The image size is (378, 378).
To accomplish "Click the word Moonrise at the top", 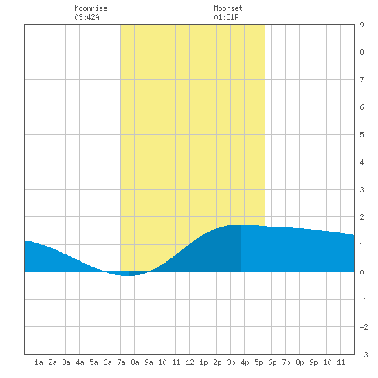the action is coord(91,9).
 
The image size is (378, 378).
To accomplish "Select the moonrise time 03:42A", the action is coord(87,17).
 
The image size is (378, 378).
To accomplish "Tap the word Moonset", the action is coord(228,9).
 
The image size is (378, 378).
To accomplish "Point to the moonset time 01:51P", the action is coord(226,17).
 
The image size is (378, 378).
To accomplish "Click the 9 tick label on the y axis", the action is coord(362,25).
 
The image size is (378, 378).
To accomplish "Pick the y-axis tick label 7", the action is coord(362,80).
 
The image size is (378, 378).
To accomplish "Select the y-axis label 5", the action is coord(362,135).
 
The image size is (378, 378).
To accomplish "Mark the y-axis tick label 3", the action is coord(362,190).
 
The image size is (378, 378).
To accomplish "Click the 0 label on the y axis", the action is coord(362,272).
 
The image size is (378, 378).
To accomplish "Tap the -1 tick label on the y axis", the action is coord(364,300).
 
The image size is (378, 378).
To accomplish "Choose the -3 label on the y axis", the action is coord(364,355).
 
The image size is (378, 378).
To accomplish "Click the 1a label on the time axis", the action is coord(38,362).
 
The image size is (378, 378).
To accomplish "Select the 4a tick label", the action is coord(80,362).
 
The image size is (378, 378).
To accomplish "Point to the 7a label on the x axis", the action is coord(121,362).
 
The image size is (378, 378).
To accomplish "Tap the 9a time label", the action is coord(148,362).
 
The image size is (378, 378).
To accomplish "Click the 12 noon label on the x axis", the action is coord(190,362).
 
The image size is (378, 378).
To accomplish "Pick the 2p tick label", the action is coord(217,362).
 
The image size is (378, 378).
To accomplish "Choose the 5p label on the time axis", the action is coord(258,362).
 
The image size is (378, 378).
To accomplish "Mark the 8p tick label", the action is coord(300,362).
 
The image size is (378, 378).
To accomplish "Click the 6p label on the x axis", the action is coord(272,362).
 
